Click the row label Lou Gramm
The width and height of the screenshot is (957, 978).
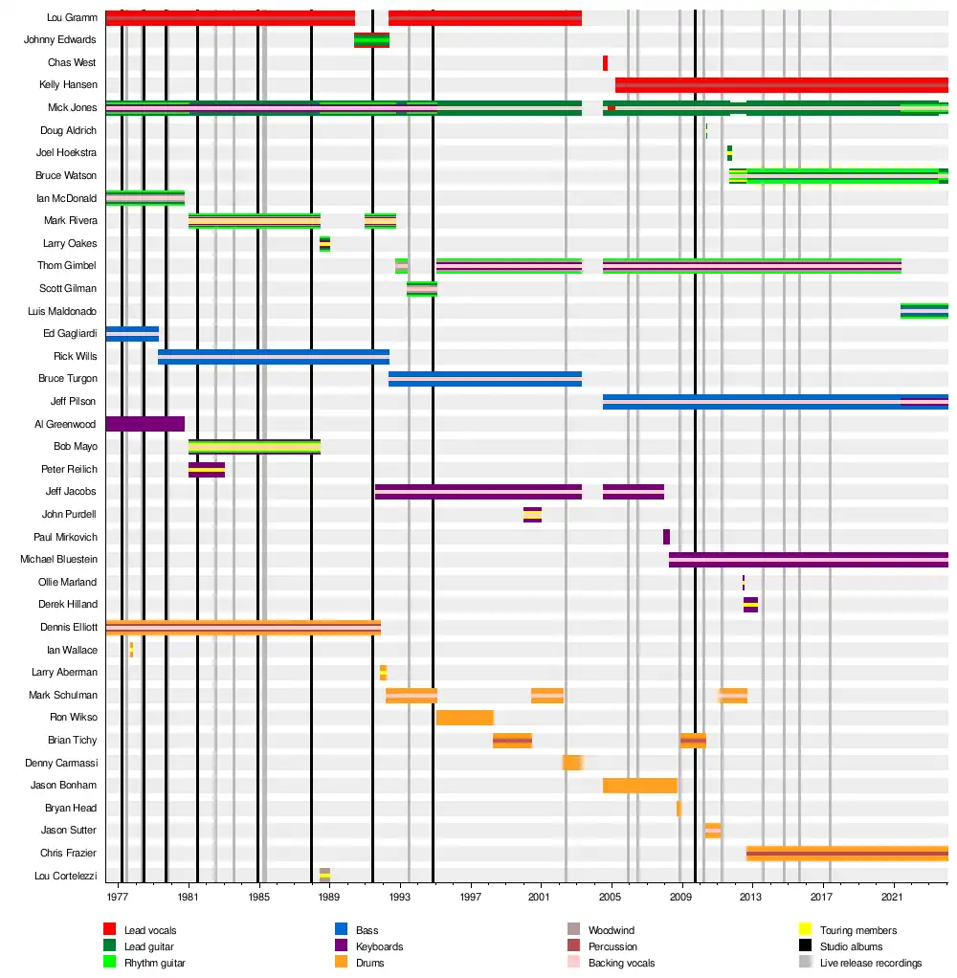point(72,18)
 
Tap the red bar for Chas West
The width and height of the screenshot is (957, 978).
point(605,63)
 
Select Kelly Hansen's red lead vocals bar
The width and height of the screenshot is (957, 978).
point(781,85)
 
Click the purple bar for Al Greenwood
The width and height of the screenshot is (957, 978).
point(145,424)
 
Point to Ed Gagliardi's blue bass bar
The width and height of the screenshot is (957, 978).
point(132,333)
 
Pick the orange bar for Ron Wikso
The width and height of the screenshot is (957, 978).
point(465,718)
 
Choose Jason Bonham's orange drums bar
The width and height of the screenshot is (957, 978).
point(639,786)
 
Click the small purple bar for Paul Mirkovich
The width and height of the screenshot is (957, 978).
point(666,537)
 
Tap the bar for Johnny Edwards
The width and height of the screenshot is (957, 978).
point(371,40)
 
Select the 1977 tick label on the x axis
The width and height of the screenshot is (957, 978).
point(118,898)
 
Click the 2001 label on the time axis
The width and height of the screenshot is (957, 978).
point(541,898)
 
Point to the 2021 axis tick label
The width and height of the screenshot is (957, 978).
point(892,898)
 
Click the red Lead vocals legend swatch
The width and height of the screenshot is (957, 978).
point(109,930)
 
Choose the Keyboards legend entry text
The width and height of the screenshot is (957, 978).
point(379,946)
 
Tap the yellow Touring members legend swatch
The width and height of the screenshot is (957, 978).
point(805,930)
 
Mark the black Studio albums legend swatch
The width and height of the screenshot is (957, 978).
point(805,946)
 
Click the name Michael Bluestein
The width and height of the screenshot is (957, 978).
point(58,560)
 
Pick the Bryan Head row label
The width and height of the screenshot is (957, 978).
point(71,809)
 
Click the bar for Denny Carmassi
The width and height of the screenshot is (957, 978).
point(572,763)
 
